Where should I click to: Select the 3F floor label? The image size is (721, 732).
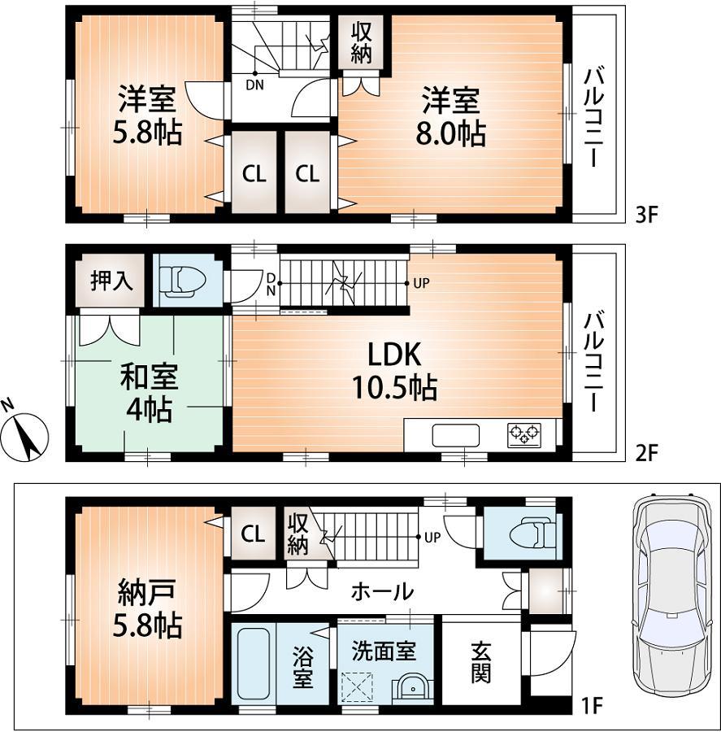point(645,216)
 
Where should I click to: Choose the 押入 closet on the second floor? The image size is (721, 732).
point(111,281)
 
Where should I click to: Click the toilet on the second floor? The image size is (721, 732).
point(184,281)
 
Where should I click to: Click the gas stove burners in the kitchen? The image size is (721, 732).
point(524,435)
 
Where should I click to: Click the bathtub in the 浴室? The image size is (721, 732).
point(253,663)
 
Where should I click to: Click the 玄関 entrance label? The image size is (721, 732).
point(480,663)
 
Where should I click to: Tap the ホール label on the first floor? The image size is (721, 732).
point(381,591)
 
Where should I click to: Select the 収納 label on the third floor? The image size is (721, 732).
point(362,42)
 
